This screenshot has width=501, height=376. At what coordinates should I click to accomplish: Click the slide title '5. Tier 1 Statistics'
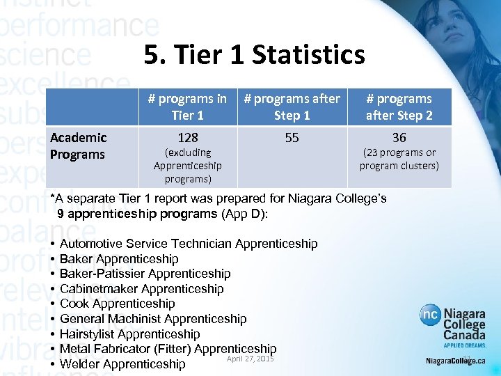pyautogui.click(x=254, y=54)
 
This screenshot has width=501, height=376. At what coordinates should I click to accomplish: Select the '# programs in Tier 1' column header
pyautogui.click(x=187, y=107)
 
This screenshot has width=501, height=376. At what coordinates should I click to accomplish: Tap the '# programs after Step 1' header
pyautogui.click(x=292, y=107)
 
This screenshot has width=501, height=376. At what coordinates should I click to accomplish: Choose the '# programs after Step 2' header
pyautogui.click(x=399, y=107)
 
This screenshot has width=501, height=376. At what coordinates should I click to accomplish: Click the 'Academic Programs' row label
pyautogui.click(x=79, y=146)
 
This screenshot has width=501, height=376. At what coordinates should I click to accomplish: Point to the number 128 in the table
pyautogui.click(x=187, y=138)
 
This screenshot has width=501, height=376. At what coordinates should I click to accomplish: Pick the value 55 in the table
pyautogui.click(x=292, y=138)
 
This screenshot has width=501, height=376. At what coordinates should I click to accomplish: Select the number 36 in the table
pyautogui.click(x=399, y=138)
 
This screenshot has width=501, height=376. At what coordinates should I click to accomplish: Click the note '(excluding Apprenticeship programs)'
pyautogui.click(x=187, y=166)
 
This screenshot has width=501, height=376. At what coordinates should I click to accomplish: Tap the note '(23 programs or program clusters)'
pyautogui.click(x=399, y=159)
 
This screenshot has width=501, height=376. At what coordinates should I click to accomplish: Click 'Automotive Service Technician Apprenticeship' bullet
pyautogui.click(x=189, y=244)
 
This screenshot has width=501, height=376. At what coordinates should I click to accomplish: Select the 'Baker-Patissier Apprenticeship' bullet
pyautogui.click(x=145, y=274)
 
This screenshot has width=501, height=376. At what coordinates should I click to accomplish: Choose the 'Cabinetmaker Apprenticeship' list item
pyautogui.click(x=141, y=289)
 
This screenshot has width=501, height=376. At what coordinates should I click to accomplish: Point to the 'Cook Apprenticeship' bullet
pyautogui.click(x=117, y=304)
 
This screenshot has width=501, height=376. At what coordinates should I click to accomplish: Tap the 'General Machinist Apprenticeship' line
pyautogui.click(x=153, y=319)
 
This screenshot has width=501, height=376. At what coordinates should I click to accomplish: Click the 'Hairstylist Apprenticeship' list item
pyautogui.click(x=129, y=334)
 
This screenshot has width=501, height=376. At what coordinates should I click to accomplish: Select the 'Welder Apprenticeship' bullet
pyautogui.click(x=122, y=364)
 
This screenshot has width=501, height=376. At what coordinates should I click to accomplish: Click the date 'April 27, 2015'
pyautogui.click(x=250, y=359)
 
